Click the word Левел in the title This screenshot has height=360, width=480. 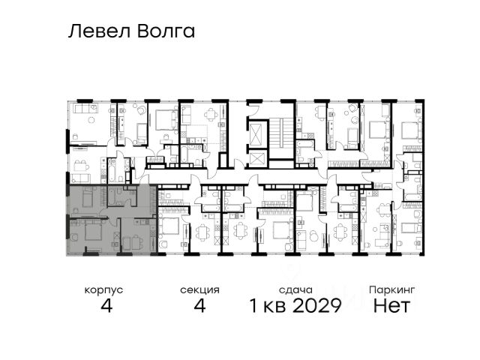tap(100, 31)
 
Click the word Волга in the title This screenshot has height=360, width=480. tap(166, 31)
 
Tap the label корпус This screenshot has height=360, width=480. tap(103, 290)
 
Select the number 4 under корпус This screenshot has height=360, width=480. tap(106, 305)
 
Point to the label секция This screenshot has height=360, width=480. tap(199, 290)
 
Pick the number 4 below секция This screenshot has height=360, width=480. tap(199, 305)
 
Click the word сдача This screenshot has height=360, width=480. tap(295, 290)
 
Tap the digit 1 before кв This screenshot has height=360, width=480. tap(253, 305)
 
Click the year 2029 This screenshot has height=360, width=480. tap(316, 305)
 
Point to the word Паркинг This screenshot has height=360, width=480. tap(391, 289)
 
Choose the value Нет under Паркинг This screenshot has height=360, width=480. tap(391, 305)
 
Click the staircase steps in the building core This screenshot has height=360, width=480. tap(280, 133)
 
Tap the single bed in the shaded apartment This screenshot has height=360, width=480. tap(88, 197)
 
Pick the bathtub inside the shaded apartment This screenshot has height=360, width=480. tap(112, 196)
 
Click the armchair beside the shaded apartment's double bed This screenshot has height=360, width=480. tap(74, 237)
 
